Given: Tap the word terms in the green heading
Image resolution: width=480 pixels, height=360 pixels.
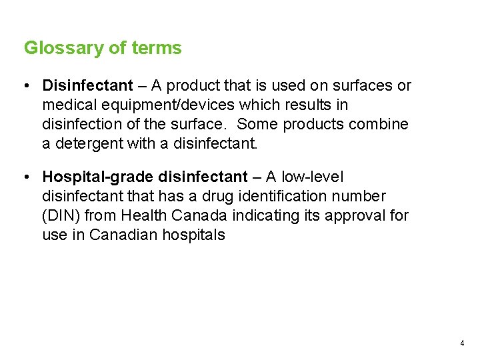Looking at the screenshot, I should [157, 49].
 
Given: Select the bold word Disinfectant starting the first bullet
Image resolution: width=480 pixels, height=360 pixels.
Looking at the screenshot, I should [87, 86].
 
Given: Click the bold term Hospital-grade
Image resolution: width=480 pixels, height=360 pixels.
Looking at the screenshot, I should [99, 177].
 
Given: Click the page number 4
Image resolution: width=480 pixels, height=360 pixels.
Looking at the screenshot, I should [462, 343].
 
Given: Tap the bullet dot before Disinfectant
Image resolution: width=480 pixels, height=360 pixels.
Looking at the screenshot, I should [24, 86].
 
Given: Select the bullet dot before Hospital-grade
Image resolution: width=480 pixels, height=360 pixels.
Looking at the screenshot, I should [24, 177].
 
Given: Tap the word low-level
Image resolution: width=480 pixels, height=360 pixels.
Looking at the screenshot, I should [313, 177].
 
